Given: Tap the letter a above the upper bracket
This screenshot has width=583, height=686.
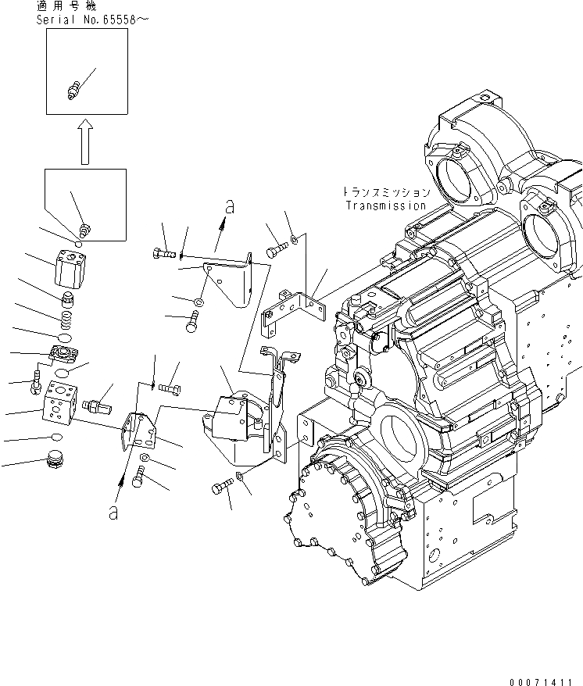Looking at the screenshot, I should tap(230, 207).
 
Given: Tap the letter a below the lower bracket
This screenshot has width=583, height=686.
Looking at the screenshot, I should tap(114, 513).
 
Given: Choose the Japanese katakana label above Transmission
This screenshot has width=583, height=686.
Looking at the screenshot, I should tap(385, 191).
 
